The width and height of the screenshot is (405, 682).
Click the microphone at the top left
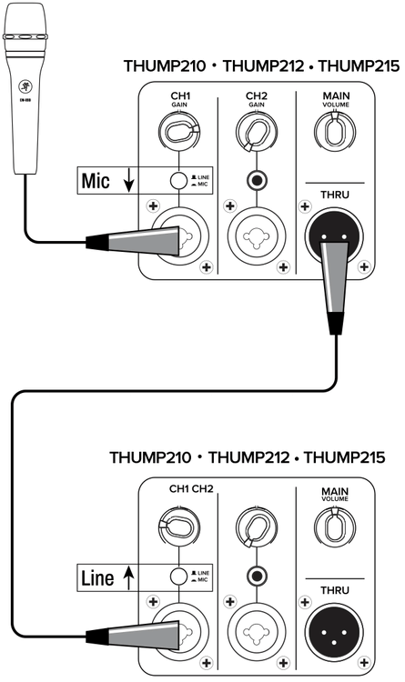point(23,91)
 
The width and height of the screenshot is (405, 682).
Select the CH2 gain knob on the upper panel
point(258,135)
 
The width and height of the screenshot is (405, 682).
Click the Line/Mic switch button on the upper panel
point(178,180)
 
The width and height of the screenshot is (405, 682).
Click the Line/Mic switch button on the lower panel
point(178,576)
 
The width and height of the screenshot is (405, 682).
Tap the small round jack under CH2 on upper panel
point(258,180)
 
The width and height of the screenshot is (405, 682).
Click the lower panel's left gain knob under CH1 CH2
point(178,530)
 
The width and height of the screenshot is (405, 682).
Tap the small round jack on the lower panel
point(258,576)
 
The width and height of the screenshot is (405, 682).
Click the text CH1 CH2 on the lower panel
point(190,488)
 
